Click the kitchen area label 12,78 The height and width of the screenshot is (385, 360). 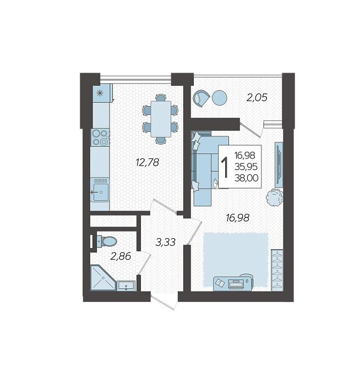tap(148, 162)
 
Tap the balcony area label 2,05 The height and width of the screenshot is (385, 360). tap(257, 98)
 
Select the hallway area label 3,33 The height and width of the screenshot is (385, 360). tap(166, 243)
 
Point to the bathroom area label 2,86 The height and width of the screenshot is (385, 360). tap(121, 257)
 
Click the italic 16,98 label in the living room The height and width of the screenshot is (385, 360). tap(238, 218)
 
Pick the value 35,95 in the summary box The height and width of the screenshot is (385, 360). tap(246, 167)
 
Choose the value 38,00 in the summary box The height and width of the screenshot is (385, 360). tap(247, 178)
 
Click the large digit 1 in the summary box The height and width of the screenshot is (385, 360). tap(225, 167)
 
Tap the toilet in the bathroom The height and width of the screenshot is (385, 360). tap(107, 241)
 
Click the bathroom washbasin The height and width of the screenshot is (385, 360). tap(126, 286)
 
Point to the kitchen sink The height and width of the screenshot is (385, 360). tap(100, 190)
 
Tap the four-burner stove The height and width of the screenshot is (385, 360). tap(100, 137)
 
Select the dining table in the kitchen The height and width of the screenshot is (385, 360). tap(161, 119)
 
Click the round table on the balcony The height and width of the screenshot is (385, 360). tap(219, 98)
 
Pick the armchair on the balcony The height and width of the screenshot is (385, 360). tap(201, 98)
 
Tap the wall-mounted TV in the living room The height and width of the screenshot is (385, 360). tap(279, 165)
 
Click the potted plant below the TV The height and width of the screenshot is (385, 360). tap(275, 197)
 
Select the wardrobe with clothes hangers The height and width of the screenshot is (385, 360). tap(277, 270)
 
